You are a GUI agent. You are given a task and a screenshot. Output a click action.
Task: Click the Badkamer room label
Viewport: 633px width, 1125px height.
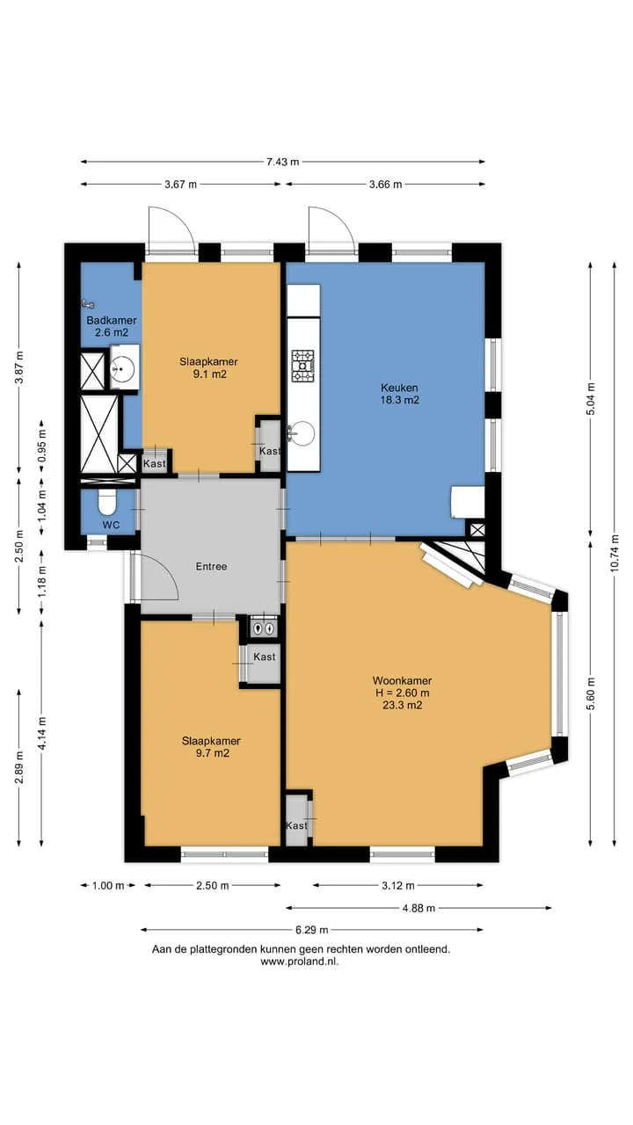pyautogui.click(x=112, y=321)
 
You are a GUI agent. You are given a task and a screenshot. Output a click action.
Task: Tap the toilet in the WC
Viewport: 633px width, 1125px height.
pyautogui.click(x=107, y=502)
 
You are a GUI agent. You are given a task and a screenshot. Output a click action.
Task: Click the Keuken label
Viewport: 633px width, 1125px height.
pyautogui.click(x=399, y=388)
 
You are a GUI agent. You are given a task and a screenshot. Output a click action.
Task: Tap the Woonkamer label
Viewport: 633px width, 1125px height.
pyautogui.click(x=402, y=680)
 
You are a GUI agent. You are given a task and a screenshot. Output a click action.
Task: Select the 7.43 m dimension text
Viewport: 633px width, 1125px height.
pyautogui.click(x=283, y=162)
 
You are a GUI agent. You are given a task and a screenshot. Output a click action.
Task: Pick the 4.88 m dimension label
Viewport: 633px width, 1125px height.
pyautogui.click(x=419, y=908)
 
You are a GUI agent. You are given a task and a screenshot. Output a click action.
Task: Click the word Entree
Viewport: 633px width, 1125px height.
pyautogui.click(x=212, y=567)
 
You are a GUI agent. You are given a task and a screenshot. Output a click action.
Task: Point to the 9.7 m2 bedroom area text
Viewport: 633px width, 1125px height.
pyautogui.click(x=213, y=753)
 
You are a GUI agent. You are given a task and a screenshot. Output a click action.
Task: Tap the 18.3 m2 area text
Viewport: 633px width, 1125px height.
pyautogui.click(x=400, y=400)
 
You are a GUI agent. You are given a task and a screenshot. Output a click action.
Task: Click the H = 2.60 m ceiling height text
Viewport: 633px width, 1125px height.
pyautogui.click(x=402, y=693)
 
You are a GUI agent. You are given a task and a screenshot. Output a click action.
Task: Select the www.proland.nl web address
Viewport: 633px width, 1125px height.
pyautogui.click(x=300, y=962)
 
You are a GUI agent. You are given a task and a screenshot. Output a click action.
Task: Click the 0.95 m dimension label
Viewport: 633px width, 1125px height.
pyautogui.click(x=42, y=447)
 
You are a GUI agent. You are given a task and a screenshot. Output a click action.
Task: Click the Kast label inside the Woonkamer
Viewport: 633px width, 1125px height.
pyautogui.click(x=296, y=825)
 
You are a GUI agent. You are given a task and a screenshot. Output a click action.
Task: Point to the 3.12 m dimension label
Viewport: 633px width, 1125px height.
pyautogui.click(x=398, y=885)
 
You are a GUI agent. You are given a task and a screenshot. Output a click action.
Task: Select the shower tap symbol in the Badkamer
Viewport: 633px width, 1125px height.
pyautogui.click(x=89, y=303)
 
